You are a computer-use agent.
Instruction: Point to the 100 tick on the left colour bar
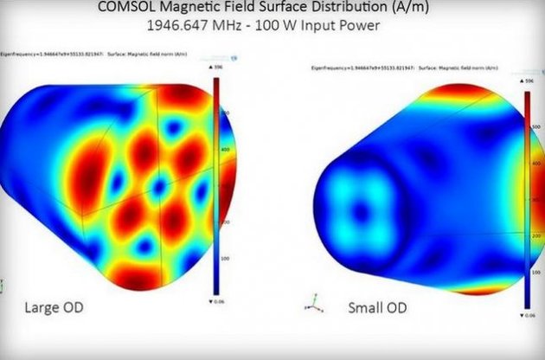tap(222, 258)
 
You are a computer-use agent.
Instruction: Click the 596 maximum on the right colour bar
tap(531, 80)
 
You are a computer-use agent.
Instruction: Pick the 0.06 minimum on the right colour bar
tap(531, 315)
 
